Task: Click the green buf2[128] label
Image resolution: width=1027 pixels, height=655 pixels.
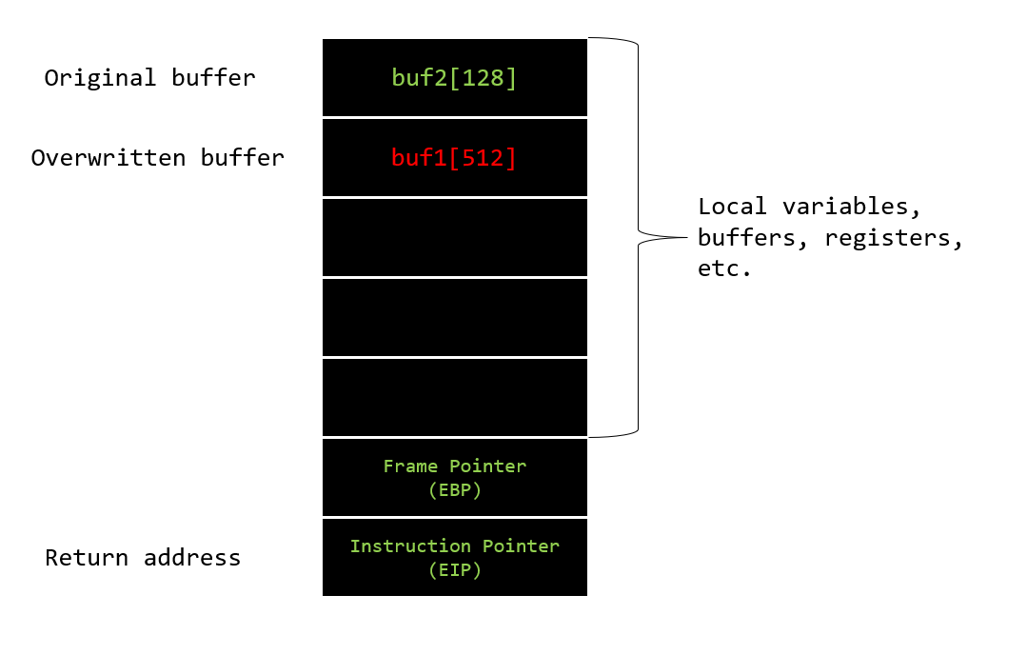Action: click(454, 78)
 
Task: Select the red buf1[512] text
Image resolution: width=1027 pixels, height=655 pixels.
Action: click(454, 158)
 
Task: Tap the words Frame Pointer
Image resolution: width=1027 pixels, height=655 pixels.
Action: click(455, 466)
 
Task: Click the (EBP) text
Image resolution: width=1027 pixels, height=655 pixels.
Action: click(455, 490)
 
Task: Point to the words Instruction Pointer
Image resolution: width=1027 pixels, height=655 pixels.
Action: click(455, 546)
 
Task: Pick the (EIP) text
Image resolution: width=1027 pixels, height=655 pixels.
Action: click(455, 570)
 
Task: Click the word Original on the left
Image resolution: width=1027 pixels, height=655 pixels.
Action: click(100, 78)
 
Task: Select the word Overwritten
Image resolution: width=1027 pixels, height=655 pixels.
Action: click(109, 158)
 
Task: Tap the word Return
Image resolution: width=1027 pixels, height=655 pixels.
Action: click(87, 557)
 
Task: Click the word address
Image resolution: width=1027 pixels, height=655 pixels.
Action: click(192, 557)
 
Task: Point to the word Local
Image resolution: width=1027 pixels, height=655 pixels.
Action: click(732, 207)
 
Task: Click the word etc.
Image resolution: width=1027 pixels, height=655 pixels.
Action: click(724, 268)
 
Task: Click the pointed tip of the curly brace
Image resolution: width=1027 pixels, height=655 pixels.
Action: click(687, 237)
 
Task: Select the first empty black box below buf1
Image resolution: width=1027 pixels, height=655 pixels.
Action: click(455, 238)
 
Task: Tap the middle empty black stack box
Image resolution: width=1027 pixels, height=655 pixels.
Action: click(455, 318)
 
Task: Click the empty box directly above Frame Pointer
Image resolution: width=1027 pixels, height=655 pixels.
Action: click(455, 398)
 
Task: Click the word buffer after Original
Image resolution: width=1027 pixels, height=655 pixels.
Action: click(213, 78)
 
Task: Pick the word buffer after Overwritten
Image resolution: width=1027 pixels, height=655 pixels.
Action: click(243, 158)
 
